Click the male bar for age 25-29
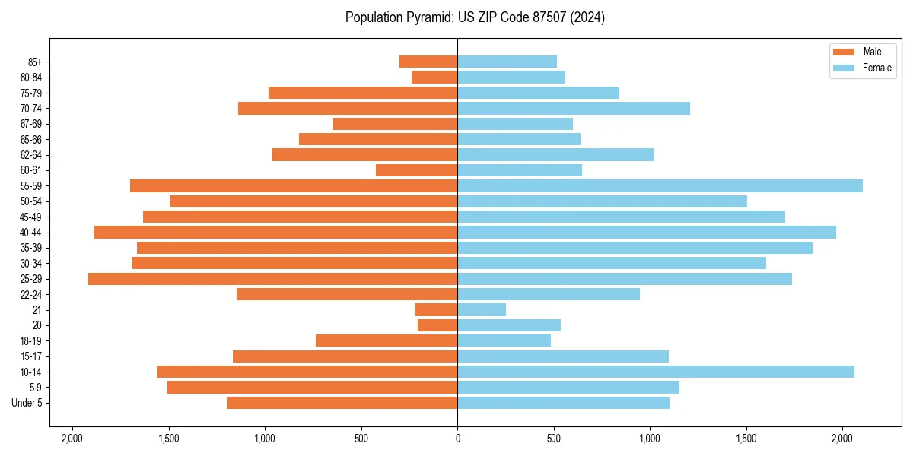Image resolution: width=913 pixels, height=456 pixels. (x=272, y=279)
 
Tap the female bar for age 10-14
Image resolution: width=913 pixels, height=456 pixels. (x=655, y=372)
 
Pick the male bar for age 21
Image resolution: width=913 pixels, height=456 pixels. (x=436, y=310)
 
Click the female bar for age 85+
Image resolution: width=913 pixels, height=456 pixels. (x=507, y=62)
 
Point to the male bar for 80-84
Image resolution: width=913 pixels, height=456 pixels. (x=434, y=78)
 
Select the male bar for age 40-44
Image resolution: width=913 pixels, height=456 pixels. (x=275, y=233)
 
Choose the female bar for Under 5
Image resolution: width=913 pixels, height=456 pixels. (x=563, y=403)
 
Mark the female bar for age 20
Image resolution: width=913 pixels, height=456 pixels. (x=509, y=325)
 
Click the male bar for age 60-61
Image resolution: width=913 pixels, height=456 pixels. (x=416, y=170)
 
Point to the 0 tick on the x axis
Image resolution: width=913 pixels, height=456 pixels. (x=457, y=439)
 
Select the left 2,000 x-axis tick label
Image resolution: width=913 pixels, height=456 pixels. (x=72, y=439)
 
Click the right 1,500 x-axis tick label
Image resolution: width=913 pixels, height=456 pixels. (x=746, y=439)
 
